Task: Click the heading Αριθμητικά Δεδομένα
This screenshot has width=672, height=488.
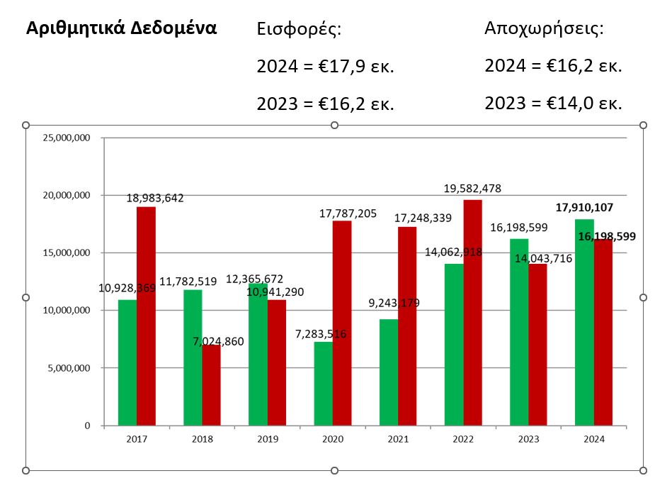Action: point(121,29)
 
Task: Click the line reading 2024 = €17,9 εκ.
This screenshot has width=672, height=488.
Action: point(325,67)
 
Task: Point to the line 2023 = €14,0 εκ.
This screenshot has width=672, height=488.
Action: point(553,104)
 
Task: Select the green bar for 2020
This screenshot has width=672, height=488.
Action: point(324,384)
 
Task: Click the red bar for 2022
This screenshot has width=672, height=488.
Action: point(472,313)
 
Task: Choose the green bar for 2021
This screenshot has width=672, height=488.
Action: point(389,372)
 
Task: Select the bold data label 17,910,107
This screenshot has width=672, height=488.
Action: point(584,208)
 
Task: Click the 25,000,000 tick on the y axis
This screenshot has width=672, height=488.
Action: point(67,138)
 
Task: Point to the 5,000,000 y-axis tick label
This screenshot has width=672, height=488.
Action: point(69,368)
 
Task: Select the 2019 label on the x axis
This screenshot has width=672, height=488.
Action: point(267,439)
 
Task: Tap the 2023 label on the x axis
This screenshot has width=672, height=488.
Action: point(528,439)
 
